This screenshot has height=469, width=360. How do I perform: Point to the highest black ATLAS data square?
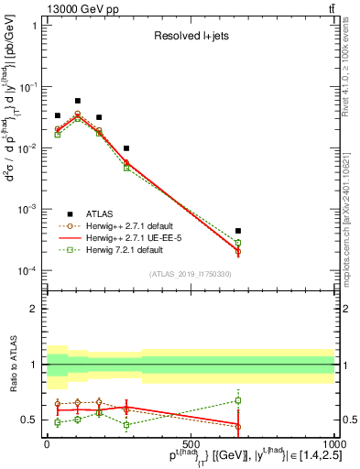point(78,101)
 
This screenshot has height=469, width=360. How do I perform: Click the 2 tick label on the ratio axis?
point(34,309)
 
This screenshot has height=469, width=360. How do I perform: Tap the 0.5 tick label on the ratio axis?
point(29,420)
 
